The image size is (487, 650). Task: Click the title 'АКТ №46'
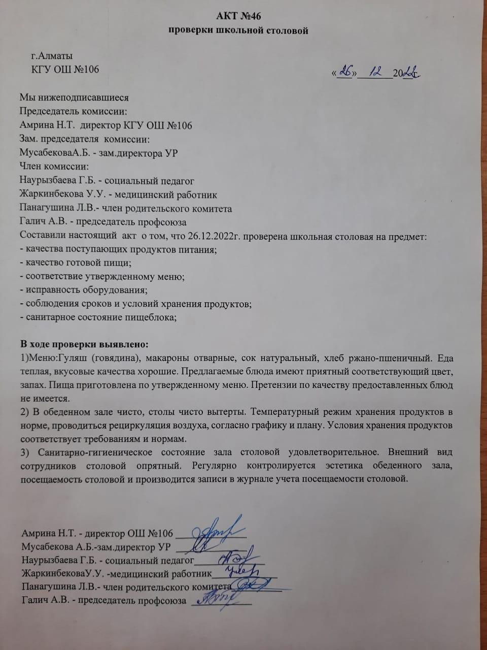tap(238, 17)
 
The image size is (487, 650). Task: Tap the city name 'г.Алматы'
tap(52, 56)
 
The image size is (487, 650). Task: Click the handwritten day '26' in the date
tap(346, 72)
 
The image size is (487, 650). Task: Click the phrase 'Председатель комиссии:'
tap(73, 111)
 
